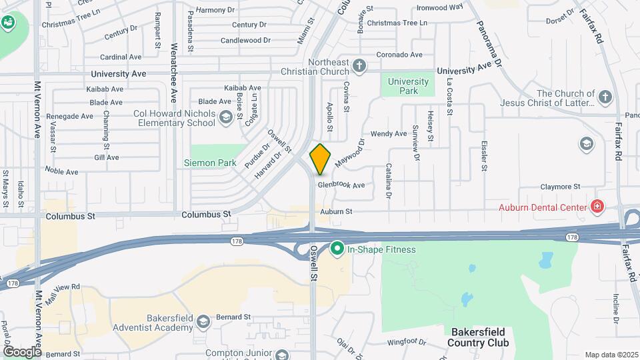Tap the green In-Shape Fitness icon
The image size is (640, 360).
337,249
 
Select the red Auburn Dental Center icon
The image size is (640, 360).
597,207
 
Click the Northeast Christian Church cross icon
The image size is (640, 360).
359,65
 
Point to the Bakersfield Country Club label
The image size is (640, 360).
480,337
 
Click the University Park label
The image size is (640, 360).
408,85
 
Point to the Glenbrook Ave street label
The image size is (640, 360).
341,185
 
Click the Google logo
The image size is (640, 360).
21,351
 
